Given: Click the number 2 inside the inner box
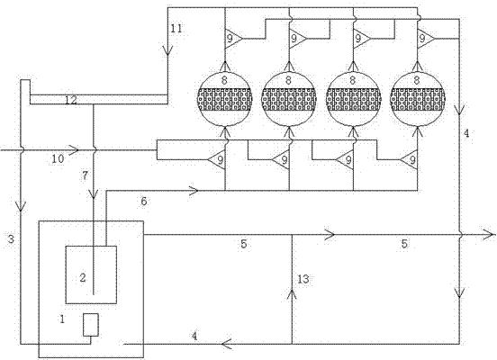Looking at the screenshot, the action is pyautogui.click(x=83, y=277).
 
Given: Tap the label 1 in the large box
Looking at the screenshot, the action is pyautogui.click(x=62, y=319).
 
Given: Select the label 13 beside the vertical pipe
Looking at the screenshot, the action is pyautogui.click(x=303, y=279).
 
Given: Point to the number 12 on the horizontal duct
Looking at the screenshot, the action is pyautogui.click(x=71, y=100).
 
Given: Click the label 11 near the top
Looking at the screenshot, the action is pyautogui.click(x=176, y=29).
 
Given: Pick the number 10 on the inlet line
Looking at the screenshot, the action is pyautogui.click(x=58, y=158).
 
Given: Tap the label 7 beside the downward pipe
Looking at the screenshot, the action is pyautogui.click(x=85, y=175).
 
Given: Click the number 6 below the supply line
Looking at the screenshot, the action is pyautogui.click(x=144, y=201).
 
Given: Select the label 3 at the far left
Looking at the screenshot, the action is pyautogui.click(x=11, y=238).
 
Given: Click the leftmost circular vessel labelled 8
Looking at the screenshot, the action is pyautogui.click(x=225, y=100).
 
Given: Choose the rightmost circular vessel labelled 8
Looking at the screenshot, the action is pyautogui.click(x=418, y=100).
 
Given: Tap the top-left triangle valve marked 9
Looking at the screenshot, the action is pyautogui.click(x=232, y=39).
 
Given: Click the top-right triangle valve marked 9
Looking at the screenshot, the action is pyautogui.click(x=425, y=39).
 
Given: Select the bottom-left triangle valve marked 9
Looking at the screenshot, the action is pyautogui.click(x=218, y=159).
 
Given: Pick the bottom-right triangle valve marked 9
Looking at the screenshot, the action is pyautogui.click(x=410, y=159).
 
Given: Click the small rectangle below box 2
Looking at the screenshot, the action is pyautogui.click(x=91, y=325).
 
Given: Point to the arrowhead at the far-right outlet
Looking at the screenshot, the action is pyautogui.click(x=489, y=235).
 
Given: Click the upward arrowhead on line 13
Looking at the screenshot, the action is pyautogui.click(x=292, y=293).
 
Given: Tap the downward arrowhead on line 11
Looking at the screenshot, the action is pyautogui.click(x=167, y=50).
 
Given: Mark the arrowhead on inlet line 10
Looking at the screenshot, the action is pyautogui.click(x=73, y=149).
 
